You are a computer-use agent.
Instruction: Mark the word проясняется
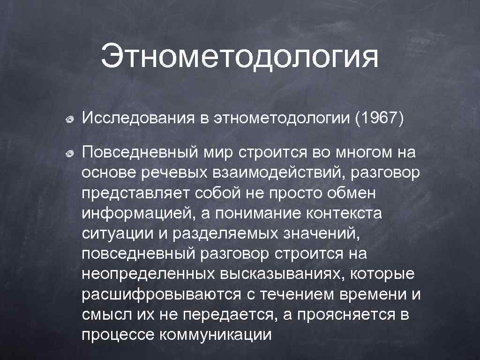(344, 315)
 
